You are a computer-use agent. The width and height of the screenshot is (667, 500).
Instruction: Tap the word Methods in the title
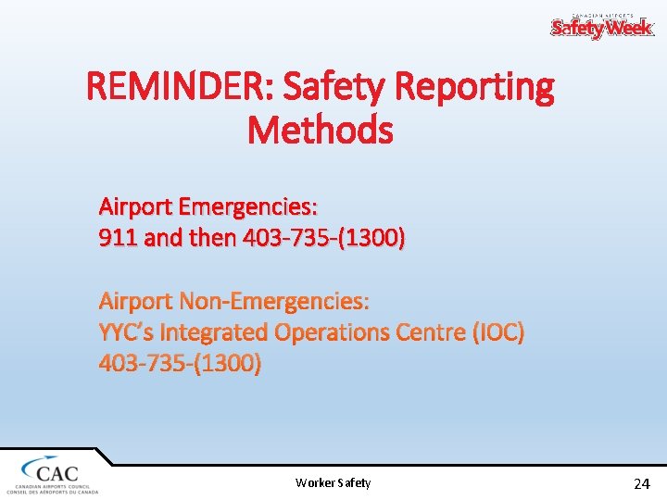point(321,131)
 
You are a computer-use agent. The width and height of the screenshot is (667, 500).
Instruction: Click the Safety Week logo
point(602,26)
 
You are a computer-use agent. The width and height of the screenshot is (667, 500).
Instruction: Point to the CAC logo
point(52,472)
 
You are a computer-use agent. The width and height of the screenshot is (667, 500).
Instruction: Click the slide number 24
point(641,483)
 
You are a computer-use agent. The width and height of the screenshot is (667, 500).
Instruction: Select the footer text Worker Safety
point(333,482)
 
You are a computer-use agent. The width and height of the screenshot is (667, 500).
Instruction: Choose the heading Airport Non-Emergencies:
point(234,301)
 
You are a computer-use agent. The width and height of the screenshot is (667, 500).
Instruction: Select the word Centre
point(419,331)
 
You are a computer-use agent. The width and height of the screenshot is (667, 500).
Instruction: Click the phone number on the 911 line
point(323,239)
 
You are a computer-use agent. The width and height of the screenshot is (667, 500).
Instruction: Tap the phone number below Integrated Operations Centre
point(181,363)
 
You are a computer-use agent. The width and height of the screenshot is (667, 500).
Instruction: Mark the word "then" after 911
point(212,239)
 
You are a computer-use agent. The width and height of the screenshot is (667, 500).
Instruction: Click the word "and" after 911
point(164,239)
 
